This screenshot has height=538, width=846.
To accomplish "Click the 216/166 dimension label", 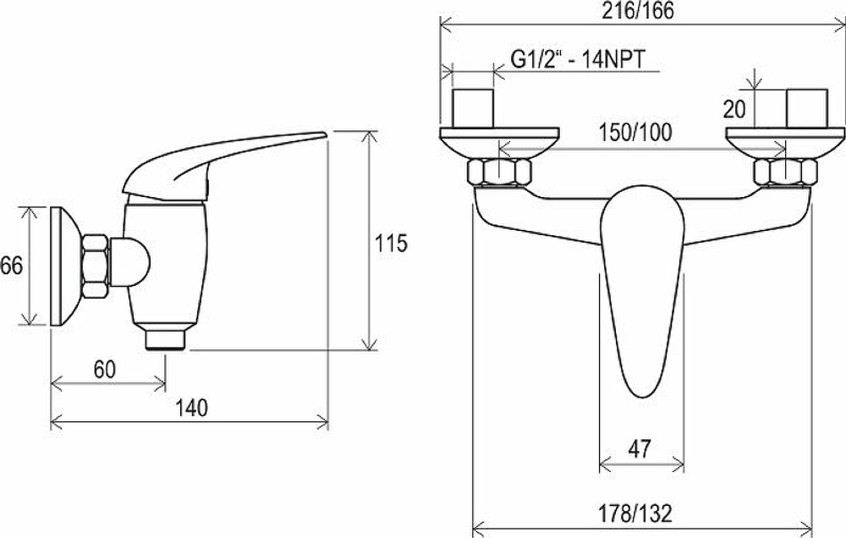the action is (x=638, y=11).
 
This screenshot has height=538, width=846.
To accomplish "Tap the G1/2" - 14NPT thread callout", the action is (x=578, y=59).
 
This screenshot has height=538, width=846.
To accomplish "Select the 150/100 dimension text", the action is (x=635, y=133).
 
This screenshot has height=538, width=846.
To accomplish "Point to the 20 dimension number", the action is (x=733, y=109).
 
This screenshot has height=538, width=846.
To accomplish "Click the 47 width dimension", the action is (x=640, y=448).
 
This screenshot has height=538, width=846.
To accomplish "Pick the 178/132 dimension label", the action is (x=635, y=513).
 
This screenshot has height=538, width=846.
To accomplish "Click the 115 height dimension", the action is (x=391, y=244).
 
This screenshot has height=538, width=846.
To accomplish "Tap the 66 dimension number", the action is (x=11, y=266).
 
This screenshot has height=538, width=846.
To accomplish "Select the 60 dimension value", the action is (x=105, y=370).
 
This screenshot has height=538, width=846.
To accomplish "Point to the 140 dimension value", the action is (x=191, y=408).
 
